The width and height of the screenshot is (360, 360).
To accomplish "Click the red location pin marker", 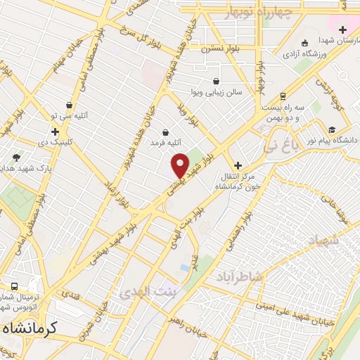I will (x=180, y=165).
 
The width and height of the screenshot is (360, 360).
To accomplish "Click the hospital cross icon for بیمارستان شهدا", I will (x=342, y=30).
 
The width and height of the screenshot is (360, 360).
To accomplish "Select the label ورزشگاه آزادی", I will (x=307, y=53).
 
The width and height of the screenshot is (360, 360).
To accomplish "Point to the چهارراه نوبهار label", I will (x=258, y=13).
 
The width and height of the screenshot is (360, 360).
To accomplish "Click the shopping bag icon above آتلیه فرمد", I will (x=165, y=131).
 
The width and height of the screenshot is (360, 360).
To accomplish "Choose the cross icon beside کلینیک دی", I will (x=55, y=131).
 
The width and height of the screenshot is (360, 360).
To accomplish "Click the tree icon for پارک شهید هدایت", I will (x=16, y=157).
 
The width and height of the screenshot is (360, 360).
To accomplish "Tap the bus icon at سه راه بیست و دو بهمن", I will (x=283, y=96).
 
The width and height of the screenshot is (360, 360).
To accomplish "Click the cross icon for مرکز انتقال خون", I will (x=238, y=165).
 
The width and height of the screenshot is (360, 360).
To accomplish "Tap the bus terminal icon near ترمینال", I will (x=14, y=287).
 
